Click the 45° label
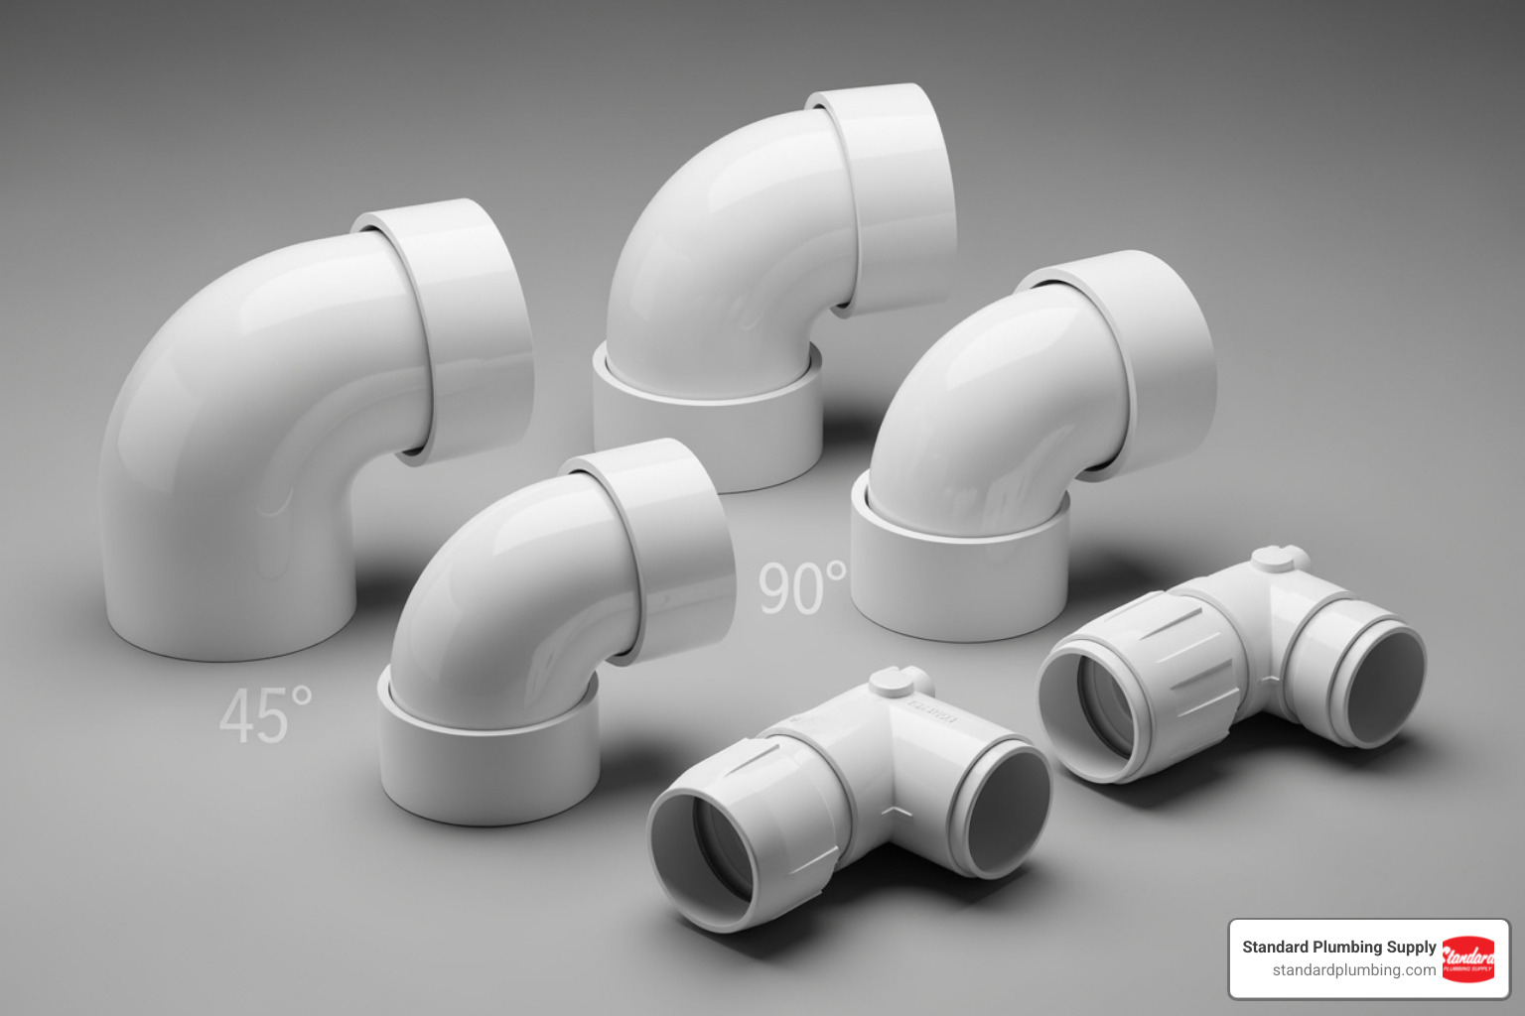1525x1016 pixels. click(x=265, y=715)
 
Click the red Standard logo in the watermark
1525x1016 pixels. click(x=1467, y=958)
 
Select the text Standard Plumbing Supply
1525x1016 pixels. click(x=1338, y=947)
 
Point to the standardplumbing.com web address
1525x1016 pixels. click(x=1353, y=970)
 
